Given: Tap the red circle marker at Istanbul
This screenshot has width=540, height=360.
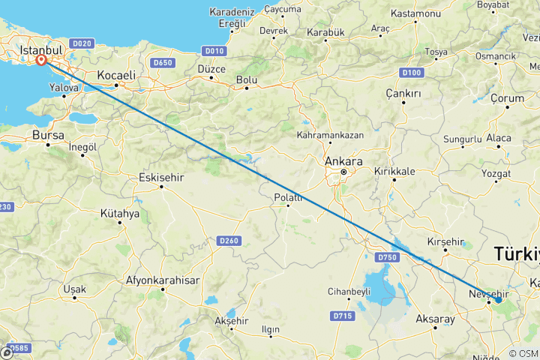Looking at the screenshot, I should pyautogui.click(x=41, y=61).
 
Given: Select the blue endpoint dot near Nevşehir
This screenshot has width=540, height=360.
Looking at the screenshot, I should pyautogui.click(x=498, y=300).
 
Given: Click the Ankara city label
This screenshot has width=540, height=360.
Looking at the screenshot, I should pyautogui.click(x=344, y=161).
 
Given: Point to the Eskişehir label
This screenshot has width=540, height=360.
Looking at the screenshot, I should pyautogui.click(x=161, y=178).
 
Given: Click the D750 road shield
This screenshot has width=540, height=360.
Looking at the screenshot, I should pyautogui.click(x=386, y=257).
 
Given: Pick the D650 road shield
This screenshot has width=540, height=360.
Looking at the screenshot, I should pyautogui.click(x=163, y=62).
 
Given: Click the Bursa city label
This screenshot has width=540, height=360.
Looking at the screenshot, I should pyautogui.click(x=49, y=135).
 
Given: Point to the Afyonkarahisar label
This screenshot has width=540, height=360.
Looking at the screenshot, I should pyautogui.click(x=163, y=280).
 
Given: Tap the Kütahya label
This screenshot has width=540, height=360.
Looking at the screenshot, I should pyautogui.click(x=120, y=214).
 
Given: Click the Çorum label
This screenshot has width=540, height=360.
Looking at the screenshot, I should pyautogui.click(x=507, y=98).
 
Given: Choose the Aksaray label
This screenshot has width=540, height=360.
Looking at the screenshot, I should pyautogui.click(x=435, y=319).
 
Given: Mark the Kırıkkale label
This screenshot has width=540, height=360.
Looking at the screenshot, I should pyautogui.click(x=394, y=171).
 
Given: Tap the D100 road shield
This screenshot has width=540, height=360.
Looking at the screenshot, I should pyautogui.click(x=411, y=73).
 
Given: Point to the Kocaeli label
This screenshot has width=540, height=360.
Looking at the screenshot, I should pyautogui.click(x=116, y=75).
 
